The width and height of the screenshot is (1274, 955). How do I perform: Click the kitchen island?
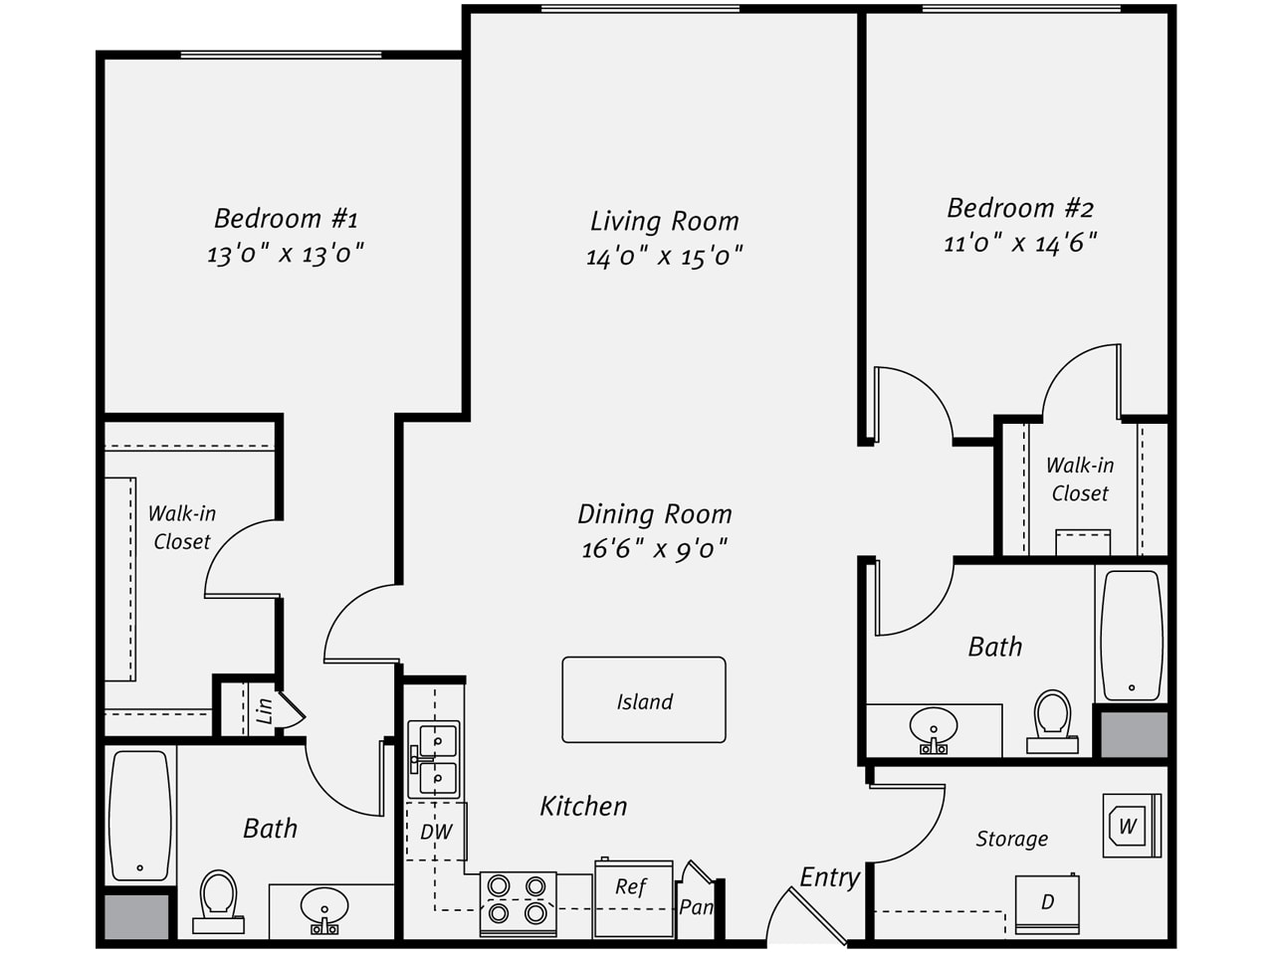coord(644,700)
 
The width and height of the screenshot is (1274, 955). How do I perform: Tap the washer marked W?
coord(1132,825)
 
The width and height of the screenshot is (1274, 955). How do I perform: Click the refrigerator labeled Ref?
coord(634,897)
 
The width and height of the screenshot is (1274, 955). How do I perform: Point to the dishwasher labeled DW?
coord(436,832)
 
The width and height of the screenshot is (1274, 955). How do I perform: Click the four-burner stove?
coord(518,904)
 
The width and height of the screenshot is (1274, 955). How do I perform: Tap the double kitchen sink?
coord(434,759)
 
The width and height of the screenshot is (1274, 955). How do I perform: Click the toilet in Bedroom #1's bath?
coord(218,901)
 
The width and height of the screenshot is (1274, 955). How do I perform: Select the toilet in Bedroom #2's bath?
coord(1052,721)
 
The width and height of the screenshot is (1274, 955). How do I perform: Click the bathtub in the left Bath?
coord(140,816)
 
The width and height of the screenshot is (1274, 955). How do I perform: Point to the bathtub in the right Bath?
coord(1132,636)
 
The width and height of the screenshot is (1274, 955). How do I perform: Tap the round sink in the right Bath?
coord(934,729)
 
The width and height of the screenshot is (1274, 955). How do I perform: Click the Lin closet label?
coord(264,711)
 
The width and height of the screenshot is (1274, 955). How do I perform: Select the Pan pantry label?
coord(696,906)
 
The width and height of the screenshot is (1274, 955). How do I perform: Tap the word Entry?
coord(829,878)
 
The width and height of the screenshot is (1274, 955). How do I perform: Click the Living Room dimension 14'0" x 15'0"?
coord(664,256)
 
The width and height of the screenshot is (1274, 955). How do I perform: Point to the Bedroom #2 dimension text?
coord(1020,243)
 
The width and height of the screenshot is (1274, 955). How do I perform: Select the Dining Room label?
coord(655,513)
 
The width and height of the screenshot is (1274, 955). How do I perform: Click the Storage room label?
coord(1011,839)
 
